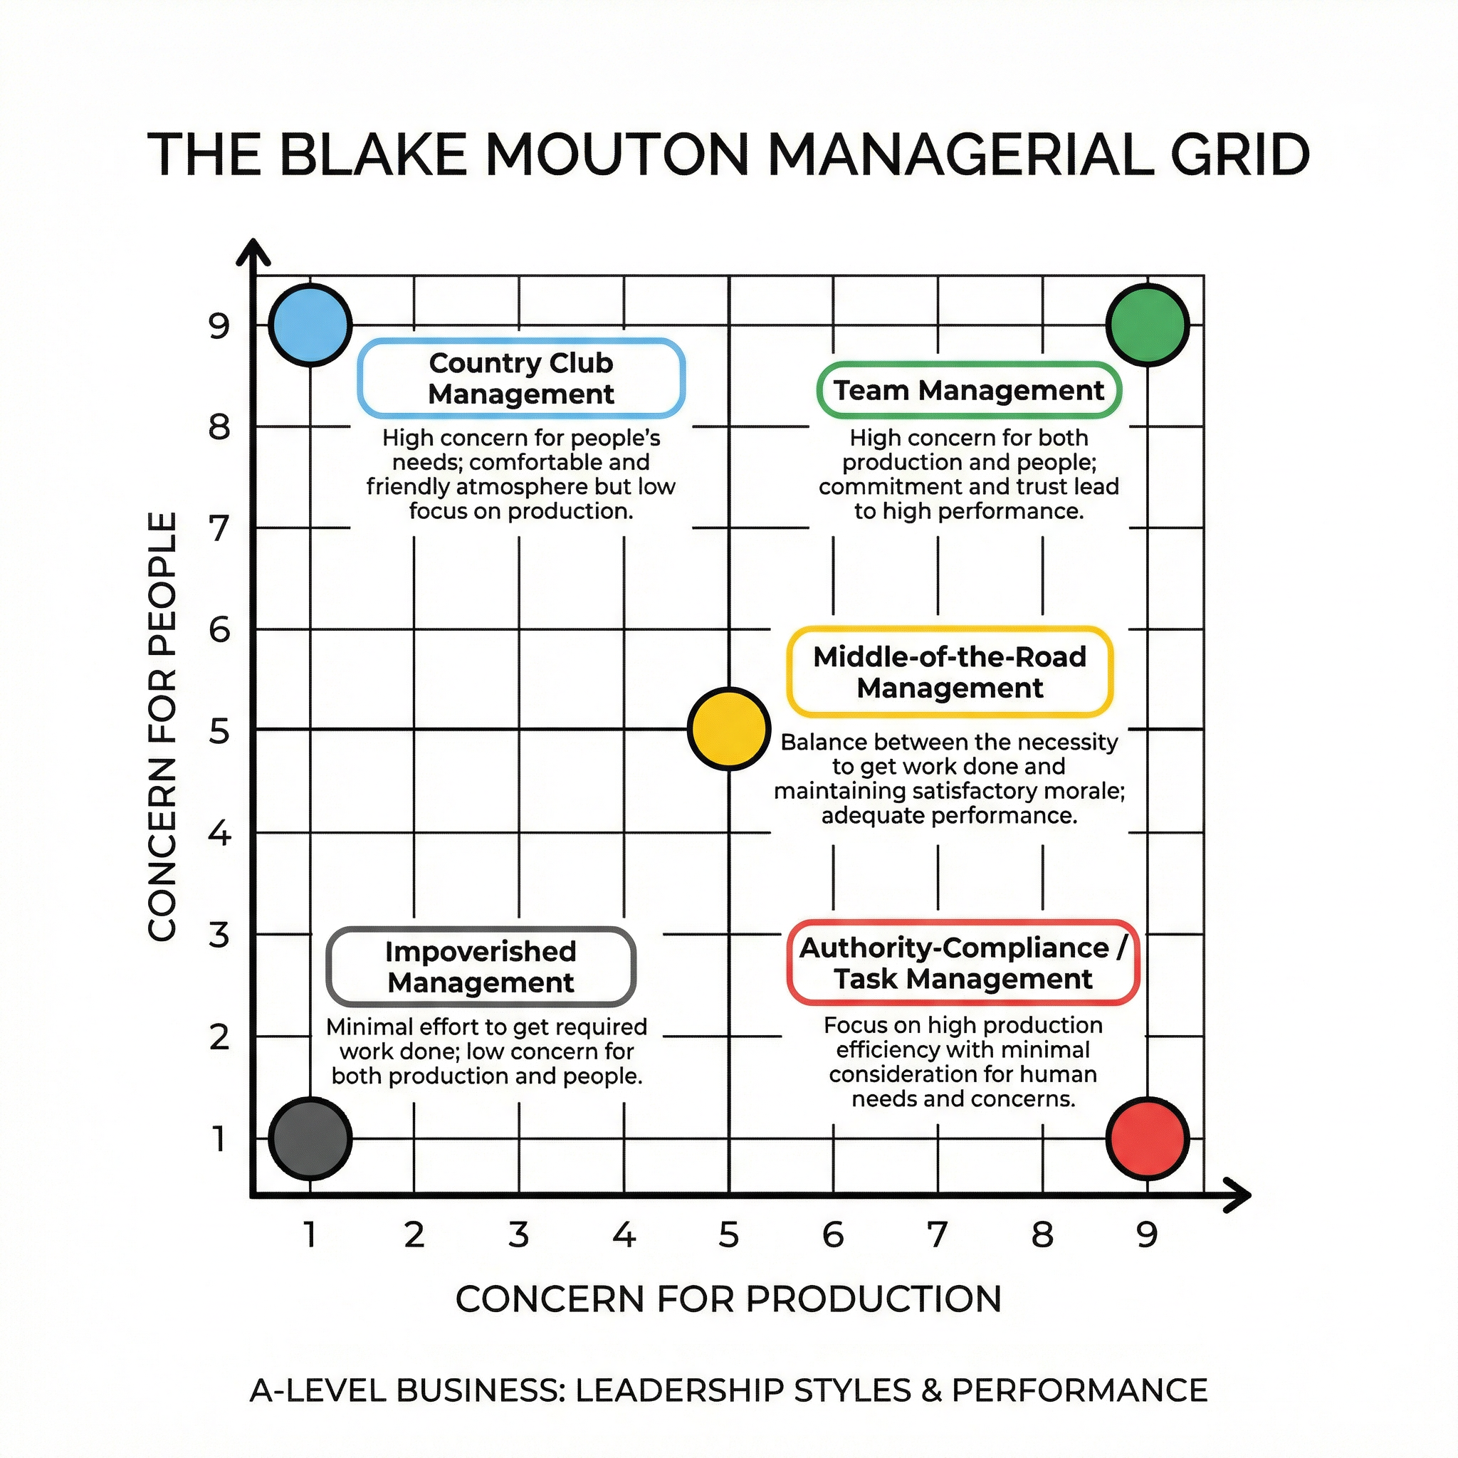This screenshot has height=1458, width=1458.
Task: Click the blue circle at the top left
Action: point(310,325)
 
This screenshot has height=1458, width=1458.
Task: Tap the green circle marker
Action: point(1147,325)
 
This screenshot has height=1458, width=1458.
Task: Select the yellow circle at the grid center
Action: point(729,729)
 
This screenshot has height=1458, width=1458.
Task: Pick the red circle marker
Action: point(1147,1139)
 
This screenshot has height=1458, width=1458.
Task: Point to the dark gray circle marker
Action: point(310,1139)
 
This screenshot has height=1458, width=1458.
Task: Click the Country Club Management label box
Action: point(521,379)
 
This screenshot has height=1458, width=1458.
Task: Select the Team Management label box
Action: point(969,391)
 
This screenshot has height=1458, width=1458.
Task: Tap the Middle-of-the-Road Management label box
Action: point(950,672)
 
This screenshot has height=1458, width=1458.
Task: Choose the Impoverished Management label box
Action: point(481,967)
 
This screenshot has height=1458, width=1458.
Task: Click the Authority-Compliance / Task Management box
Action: point(963,964)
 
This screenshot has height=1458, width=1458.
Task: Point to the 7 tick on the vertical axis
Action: point(219,528)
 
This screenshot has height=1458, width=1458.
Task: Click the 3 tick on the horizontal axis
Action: point(518,1235)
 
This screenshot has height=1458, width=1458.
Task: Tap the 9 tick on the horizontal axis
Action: point(1147,1235)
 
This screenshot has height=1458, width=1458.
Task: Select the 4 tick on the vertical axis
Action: point(219,833)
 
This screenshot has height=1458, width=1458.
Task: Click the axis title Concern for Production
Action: point(728,1299)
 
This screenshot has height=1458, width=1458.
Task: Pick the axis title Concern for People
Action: point(162,726)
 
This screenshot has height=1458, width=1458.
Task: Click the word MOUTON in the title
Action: point(617,155)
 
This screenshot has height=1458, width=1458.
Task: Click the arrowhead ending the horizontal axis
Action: point(1237,1195)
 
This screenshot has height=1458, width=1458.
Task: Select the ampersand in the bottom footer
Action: point(931,1390)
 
